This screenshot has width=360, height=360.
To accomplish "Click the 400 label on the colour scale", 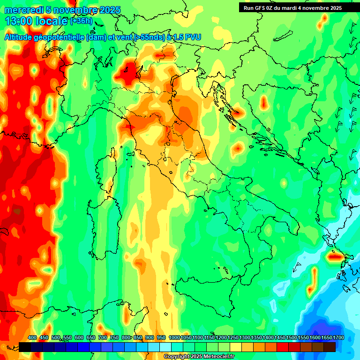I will pos(32,337).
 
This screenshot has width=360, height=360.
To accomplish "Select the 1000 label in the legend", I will pos(174,337).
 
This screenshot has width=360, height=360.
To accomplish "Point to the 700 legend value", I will pos(103,337).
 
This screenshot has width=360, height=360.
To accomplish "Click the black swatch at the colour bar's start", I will pos(25,347).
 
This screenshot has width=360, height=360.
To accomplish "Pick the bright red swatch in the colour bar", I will pos(283,347).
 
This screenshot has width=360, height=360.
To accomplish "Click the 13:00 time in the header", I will pos(18,21).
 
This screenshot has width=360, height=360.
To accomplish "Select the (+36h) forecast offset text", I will pos(81,21).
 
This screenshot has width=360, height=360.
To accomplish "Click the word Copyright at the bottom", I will pos(176,357).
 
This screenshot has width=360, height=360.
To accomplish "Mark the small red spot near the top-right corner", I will pos(324,17).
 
